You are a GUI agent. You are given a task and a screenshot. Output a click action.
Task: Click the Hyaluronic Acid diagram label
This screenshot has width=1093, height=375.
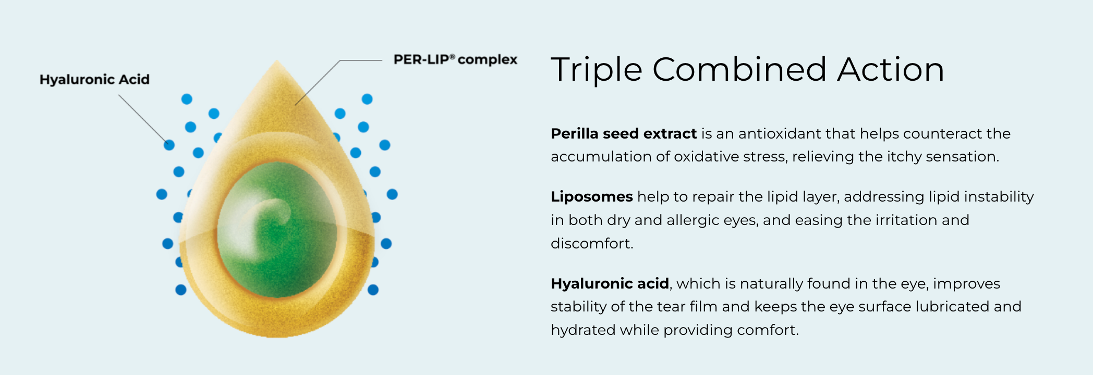[94, 79]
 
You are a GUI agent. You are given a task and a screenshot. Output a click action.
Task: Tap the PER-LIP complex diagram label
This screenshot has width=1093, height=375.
[455, 60]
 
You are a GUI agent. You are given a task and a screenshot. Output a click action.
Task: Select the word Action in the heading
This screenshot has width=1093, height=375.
[891, 69]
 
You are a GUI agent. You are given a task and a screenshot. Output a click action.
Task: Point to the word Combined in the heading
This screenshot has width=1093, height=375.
[739, 69]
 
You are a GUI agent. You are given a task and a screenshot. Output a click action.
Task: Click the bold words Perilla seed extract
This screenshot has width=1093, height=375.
[624, 134]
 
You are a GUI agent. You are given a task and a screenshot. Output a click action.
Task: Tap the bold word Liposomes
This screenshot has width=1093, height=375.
[592, 197]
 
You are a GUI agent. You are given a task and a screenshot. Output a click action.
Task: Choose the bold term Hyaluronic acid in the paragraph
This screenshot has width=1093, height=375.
[610, 284]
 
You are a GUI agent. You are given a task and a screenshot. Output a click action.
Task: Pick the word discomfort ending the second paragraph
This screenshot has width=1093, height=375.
[592, 243]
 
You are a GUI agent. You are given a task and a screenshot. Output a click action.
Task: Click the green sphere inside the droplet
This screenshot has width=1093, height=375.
[277, 230]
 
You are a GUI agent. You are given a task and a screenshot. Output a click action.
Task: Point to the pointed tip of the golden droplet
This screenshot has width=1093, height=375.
[276, 61]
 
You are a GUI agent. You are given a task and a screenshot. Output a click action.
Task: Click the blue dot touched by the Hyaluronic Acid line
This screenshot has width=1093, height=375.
[169, 145]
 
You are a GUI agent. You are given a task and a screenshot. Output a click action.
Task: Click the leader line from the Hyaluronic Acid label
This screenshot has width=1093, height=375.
[142, 119]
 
